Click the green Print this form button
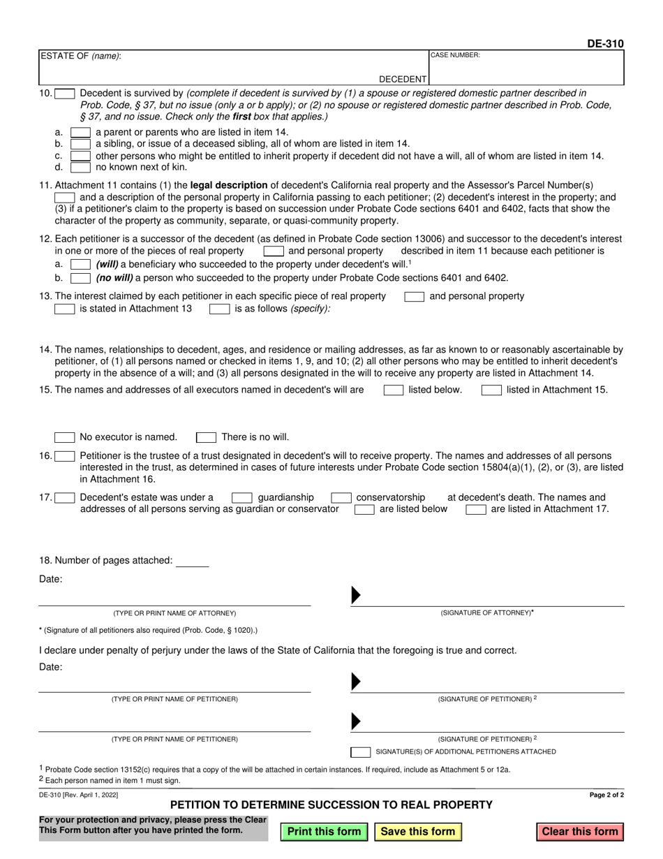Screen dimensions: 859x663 324,832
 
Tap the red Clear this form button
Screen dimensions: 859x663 580,832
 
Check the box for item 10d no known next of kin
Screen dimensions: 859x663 80,168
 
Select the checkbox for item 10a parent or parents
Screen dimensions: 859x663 80,132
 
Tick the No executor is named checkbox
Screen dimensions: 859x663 64,437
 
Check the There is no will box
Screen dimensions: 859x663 206,437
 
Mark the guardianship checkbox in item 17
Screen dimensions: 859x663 241,498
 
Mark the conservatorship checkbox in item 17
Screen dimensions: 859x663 341,498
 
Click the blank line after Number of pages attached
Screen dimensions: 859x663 193,561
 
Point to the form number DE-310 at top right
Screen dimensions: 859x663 605,44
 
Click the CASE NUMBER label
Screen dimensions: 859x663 454,55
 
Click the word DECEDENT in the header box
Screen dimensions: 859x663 403,80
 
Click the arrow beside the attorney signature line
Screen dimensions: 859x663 355,595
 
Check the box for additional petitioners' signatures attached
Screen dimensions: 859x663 360,752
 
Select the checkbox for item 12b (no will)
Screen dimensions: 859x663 80,278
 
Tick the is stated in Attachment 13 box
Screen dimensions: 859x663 64,308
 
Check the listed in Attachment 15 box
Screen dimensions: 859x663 491,390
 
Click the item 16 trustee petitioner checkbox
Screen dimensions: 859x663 64,456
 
